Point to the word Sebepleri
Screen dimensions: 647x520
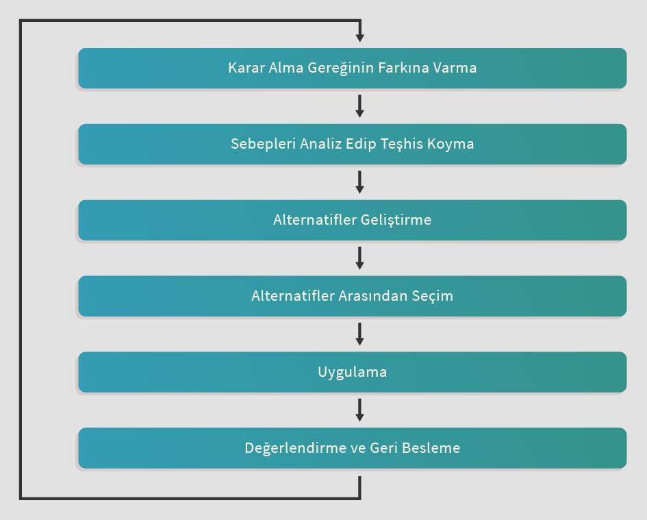pos(264,144)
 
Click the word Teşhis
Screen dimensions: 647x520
pos(402,145)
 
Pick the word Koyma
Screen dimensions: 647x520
pos(451,145)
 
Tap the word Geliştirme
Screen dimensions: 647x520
pos(396,220)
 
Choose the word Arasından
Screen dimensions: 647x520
pos(372,296)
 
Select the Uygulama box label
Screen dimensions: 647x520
pos(353,373)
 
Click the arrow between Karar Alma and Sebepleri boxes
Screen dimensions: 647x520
pos(360,106)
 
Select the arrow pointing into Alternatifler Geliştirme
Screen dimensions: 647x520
pos(360,182)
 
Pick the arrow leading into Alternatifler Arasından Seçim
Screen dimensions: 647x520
pos(360,258)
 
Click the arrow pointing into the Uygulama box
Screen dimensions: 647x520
pos(360,334)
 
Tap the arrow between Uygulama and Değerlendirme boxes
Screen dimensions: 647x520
pos(360,410)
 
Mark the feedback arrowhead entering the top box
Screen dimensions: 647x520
pos(360,38)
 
